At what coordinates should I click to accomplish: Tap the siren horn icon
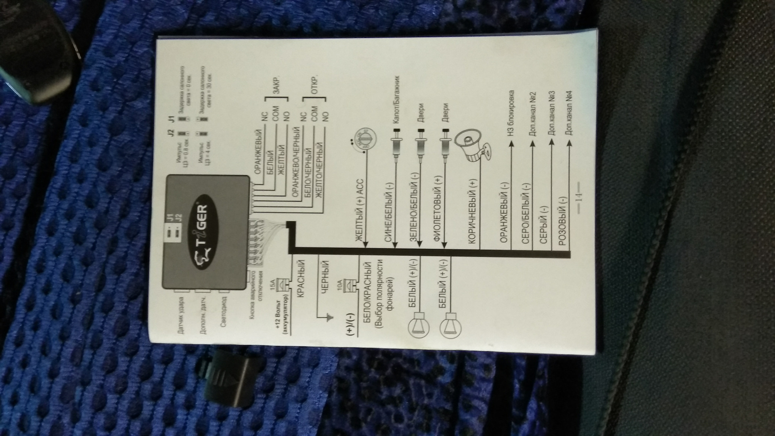[x=473, y=147]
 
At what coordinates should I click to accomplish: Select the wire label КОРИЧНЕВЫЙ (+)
[x=473, y=212]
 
